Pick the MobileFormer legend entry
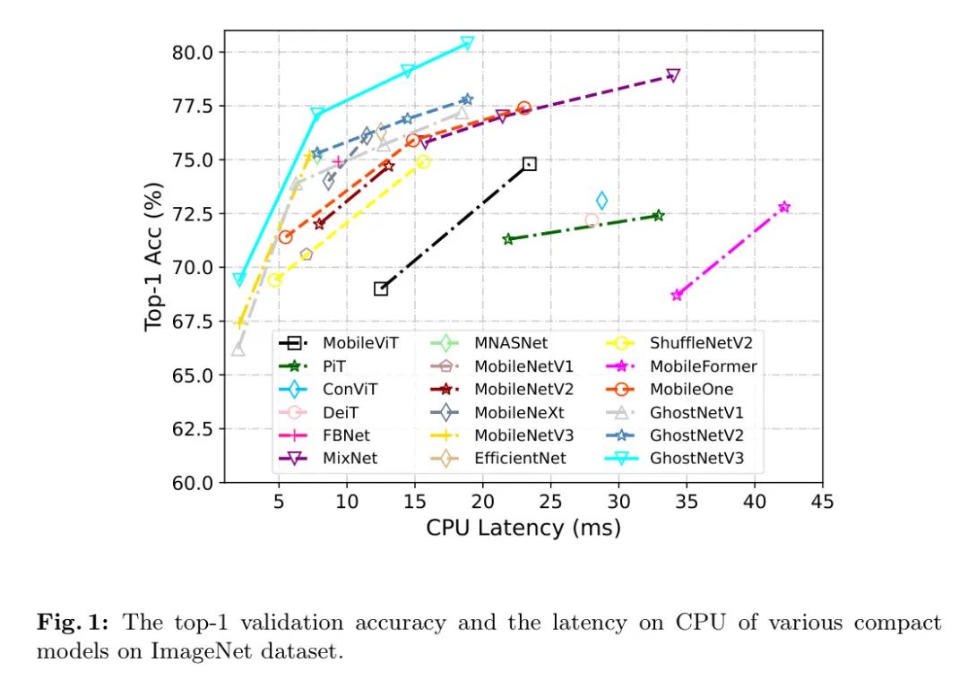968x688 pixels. [704, 365]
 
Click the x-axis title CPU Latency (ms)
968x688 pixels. [523, 528]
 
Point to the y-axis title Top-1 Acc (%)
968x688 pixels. [154, 256]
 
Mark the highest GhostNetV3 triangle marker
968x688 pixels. [467, 43]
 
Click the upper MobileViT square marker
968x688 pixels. [529, 164]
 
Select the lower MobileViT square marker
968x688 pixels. [380, 288]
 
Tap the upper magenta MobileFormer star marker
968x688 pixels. [784, 207]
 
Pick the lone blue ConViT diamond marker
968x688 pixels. [601, 201]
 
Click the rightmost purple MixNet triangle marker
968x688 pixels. [673, 75]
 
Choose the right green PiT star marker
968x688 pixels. [658, 216]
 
